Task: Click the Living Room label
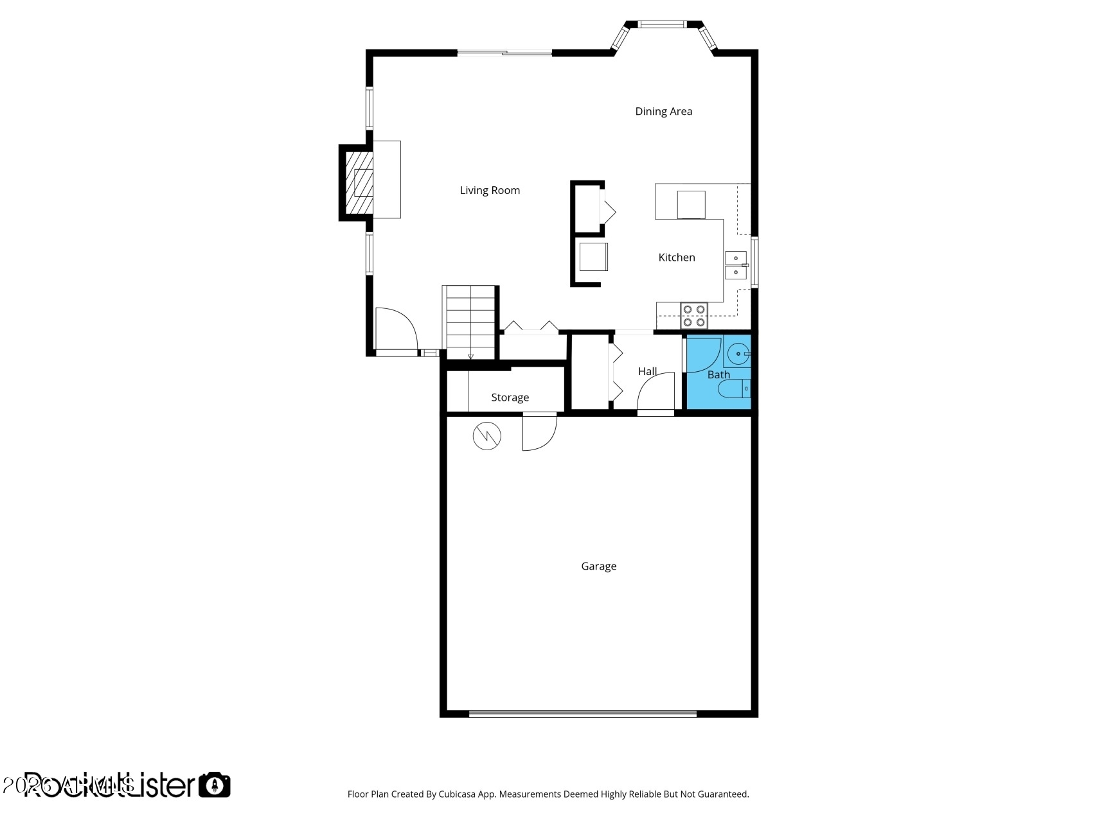point(490,190)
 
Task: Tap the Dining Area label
point(663,112)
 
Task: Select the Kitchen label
point(676,258)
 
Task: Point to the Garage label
point(598,566)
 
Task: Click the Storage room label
point(510,398)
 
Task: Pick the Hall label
point(647,371)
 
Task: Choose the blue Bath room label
point(718,374)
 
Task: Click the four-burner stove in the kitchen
point(694,315)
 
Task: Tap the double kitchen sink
point(736,265)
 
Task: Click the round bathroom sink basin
point(738,353)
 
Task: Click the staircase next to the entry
point(470,322)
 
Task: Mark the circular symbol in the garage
point(486,436)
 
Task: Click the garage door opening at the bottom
point(582,713)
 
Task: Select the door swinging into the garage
point(539,432)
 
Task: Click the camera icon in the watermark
point(214,785)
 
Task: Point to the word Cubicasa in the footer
point(457,794)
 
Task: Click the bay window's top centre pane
point(662,25)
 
